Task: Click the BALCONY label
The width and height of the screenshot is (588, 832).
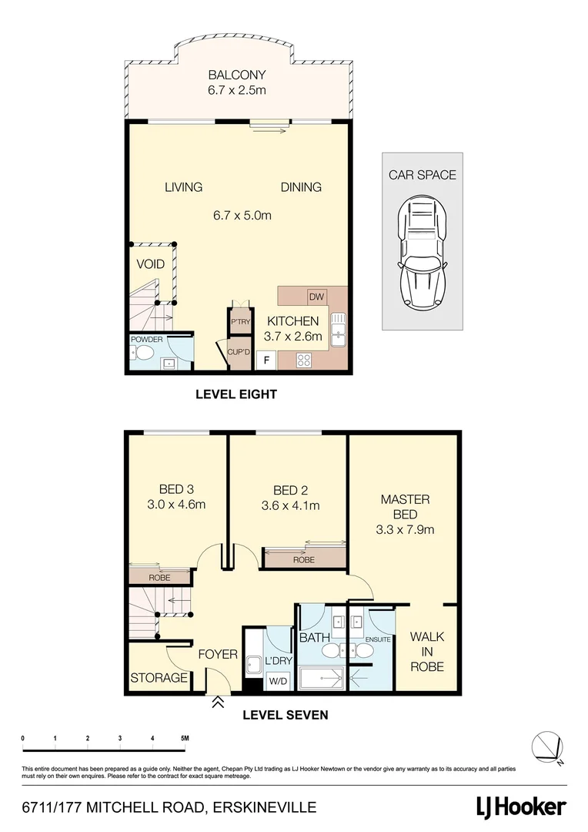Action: pos(236,75)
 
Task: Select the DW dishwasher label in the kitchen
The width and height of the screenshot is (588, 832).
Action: pos(316,297)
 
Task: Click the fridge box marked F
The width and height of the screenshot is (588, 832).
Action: pos(267,360)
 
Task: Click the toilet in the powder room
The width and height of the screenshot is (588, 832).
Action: pos(142,354)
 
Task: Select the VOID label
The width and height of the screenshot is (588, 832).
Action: pos(151,264)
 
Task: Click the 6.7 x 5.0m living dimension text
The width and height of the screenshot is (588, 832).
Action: pos(242,216)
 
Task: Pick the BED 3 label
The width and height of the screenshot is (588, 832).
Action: pos(171,489)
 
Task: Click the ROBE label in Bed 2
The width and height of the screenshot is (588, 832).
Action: pos(304,561)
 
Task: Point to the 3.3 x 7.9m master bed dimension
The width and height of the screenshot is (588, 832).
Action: pos(405,529)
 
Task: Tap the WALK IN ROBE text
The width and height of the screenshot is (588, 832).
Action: pos(426,651)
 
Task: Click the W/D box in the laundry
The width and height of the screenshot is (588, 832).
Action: pos(276,681)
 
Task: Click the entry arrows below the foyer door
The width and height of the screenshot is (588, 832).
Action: pos(218,702)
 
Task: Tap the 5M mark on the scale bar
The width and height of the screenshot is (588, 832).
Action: pos(185,738)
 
